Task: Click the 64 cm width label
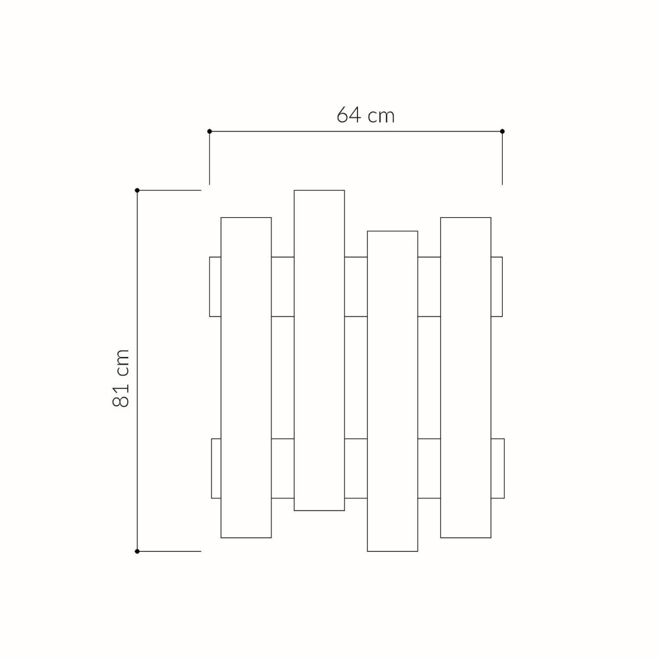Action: (365, 116)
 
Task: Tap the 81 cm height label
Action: (121, 378)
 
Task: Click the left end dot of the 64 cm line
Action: (209, 132)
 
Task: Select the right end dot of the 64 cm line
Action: (502, 132)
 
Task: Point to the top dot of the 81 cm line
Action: (137, 190)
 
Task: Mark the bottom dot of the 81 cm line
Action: (137, 551)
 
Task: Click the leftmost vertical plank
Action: (246, 377)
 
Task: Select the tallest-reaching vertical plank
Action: (319, 350)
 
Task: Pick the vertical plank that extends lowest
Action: (393, 391)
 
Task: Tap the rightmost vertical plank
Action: (466, 377)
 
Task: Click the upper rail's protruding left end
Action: (215, 286)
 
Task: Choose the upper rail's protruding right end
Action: (497, 286)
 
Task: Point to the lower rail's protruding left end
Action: (216, 468)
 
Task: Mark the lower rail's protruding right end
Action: (497, 468)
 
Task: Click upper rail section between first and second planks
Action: (283, 286)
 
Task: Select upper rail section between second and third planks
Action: (356, 286)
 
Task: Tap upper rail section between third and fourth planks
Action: (429, 286)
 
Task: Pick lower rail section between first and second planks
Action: (283, 468)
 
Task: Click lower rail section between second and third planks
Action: (356, 468)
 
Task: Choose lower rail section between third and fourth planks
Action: (429, 468)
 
